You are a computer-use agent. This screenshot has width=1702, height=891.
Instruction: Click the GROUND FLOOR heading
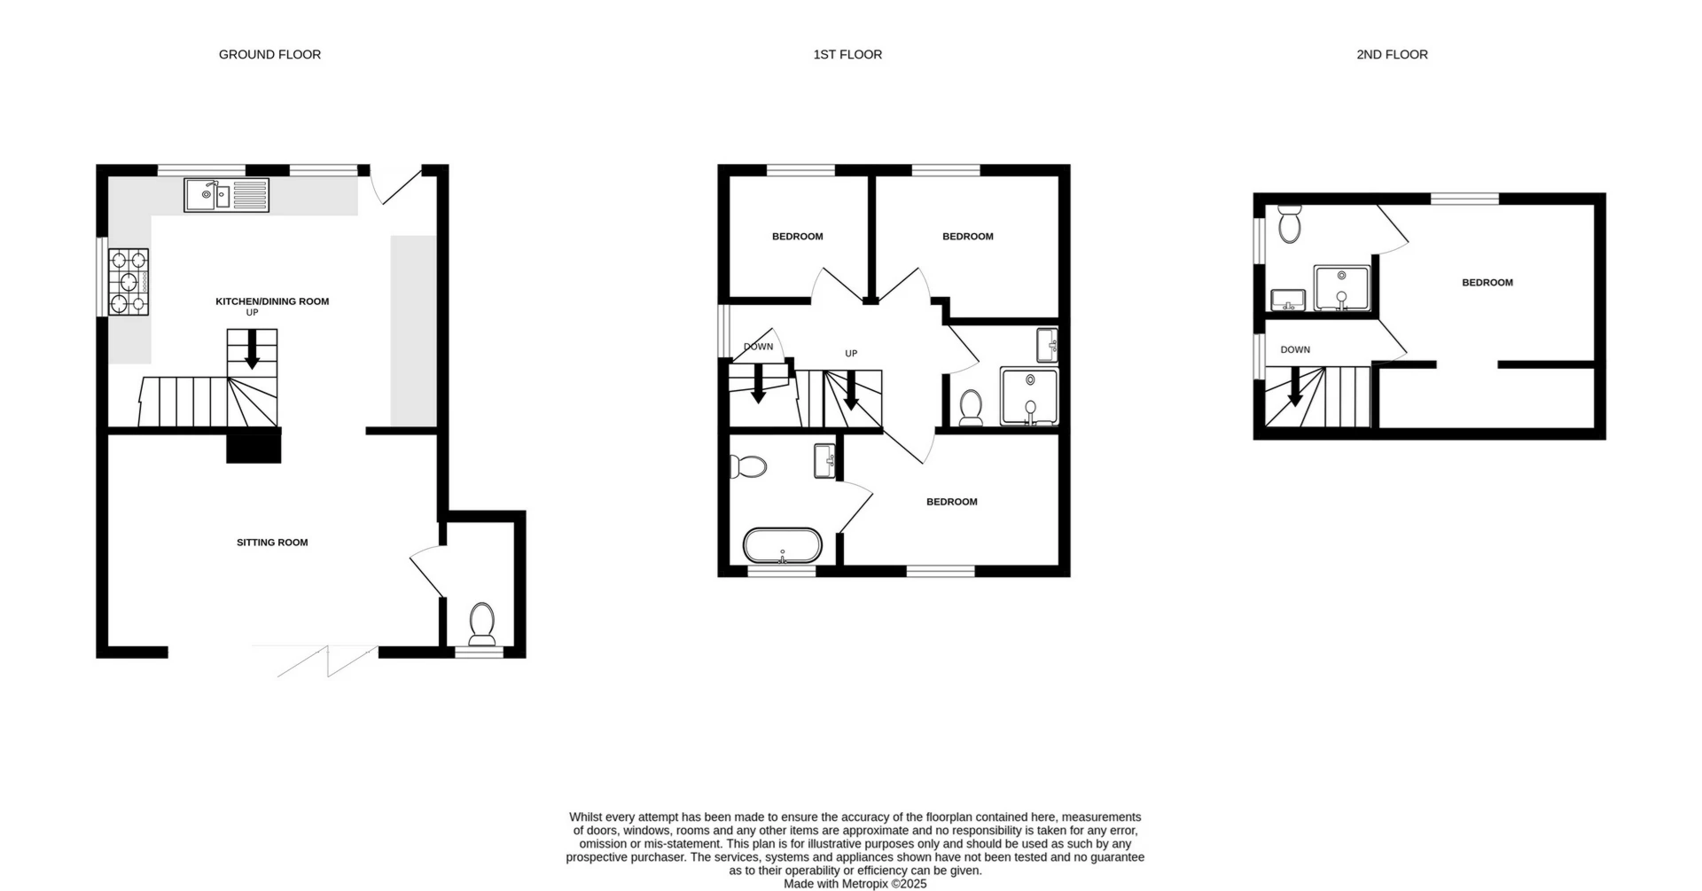pos(269,55)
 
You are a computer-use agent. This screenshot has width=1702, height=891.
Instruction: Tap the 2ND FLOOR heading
pos(1392,55)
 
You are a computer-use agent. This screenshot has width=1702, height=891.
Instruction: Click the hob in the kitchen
pos(129,282)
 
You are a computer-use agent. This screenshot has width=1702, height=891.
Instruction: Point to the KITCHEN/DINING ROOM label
pos(272,301)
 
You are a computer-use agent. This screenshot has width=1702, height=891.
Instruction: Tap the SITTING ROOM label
pos(272,543)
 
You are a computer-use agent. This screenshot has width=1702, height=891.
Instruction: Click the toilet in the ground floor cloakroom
pos(482,623)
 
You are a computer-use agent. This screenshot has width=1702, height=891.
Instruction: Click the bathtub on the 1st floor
pos(783,546)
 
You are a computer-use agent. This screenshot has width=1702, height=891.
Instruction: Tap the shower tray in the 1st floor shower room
pos(1029,396)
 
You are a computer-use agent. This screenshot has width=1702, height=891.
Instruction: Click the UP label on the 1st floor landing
pos(851,354)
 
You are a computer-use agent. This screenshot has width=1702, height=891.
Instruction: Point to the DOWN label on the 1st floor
pos(758,347)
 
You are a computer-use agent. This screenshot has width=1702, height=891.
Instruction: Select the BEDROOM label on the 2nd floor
pos(1487,283)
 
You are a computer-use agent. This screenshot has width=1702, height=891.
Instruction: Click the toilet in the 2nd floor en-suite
pos(1289,223)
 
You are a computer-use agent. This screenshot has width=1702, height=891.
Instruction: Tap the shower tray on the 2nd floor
pos(1341,288)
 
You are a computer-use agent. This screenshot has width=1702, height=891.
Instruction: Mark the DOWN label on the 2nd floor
pos(1295,350)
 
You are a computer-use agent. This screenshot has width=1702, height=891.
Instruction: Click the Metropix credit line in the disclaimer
pos(855,884)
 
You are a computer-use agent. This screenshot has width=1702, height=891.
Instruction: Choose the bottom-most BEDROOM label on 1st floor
pos(952,502)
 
